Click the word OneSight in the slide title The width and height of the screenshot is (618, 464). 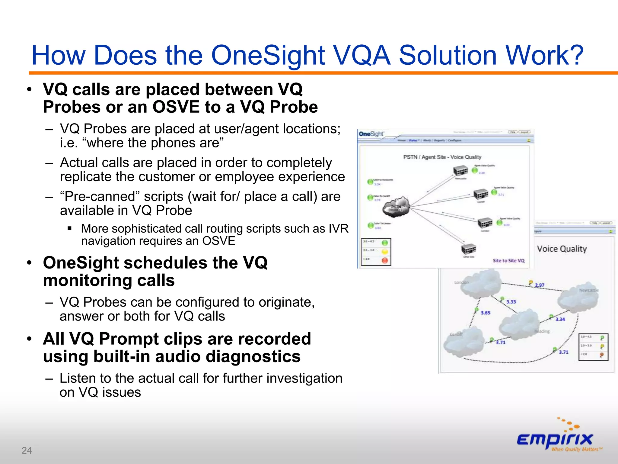point(268,55)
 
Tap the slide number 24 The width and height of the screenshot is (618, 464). point(27,450)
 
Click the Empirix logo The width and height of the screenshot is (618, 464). point(556,438)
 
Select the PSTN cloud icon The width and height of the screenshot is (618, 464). point(396,208)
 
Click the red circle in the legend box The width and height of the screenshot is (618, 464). point(385,260)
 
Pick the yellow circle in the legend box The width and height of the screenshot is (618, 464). point(385,251)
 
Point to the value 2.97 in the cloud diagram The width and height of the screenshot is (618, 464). point(540,285)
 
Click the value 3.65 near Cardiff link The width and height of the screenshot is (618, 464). point(486,313)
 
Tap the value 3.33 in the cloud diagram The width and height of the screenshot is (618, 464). point(511,302)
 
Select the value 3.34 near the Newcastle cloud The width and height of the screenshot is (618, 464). point(560,319)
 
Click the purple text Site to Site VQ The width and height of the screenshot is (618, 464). point(508,260)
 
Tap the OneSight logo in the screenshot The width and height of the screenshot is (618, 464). point(371,134)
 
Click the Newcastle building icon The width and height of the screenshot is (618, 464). point(460,171)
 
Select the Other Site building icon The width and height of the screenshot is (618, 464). point(468,249)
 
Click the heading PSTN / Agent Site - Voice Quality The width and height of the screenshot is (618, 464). point(442,157)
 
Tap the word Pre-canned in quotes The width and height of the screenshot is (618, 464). point(100,197)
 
